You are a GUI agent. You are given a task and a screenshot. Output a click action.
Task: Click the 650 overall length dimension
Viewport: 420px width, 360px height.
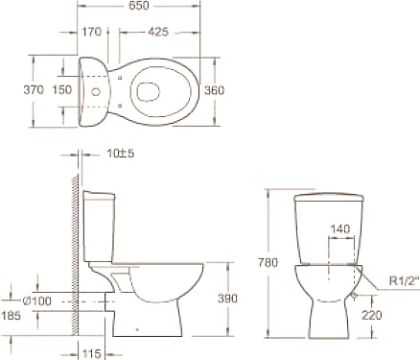[x=139, y=5]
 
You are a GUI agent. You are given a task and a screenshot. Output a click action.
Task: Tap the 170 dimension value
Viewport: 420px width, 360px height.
[x=92, y=32]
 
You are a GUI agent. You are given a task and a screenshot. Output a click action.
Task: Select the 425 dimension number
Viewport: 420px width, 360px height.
[x=158, y=32]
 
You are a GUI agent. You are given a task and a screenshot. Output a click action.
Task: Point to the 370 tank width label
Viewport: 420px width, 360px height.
[x=34, y=90]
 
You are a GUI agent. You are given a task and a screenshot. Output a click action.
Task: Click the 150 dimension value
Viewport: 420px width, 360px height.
[x=62, y=90]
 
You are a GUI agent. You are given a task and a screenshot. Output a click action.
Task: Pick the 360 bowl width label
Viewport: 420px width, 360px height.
[x=214, y=90]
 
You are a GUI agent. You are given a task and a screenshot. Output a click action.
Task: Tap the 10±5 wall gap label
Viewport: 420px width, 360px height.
[x=121, y=154]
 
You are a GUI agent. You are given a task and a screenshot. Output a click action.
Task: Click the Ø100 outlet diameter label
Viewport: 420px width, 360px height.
[x=37, y=300]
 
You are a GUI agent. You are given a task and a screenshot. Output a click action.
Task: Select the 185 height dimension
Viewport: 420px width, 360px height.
[x=12, y=316]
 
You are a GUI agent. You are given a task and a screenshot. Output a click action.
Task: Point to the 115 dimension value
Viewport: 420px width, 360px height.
[x=92, y=353]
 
